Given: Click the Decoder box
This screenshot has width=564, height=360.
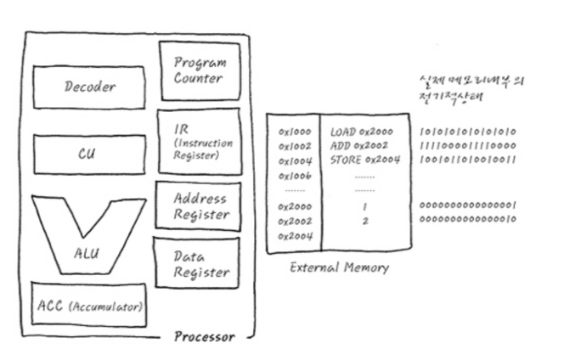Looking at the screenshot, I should (89, 86).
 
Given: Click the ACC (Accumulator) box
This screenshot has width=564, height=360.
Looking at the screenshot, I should (88, 305).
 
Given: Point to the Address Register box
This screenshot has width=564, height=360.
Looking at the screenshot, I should (200, 206).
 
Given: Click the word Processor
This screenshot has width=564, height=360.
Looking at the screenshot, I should (204, 336).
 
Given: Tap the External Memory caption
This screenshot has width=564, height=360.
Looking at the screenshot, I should (339, 267).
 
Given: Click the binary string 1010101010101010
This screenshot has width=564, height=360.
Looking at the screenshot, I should (469, 133).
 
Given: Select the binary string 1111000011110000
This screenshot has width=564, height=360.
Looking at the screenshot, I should (469, 146).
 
